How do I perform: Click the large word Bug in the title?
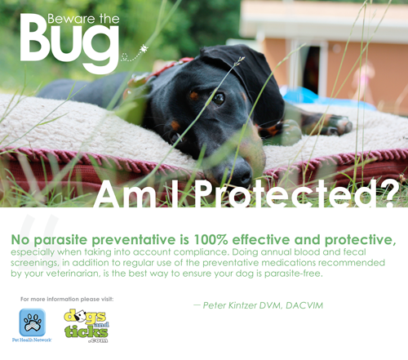click(69, 43)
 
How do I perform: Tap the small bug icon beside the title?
click(144, 49)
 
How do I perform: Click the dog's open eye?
click(219, 98)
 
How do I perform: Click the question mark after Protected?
click(388, 193)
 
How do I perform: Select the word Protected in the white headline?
click(287, 193)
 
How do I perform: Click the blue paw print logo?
click(33, 322)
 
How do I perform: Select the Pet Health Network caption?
click(32, 340)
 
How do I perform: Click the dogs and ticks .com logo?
click(86, 326)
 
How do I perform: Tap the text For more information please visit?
click(67, 299)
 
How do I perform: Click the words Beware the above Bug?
click(83, 19)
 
